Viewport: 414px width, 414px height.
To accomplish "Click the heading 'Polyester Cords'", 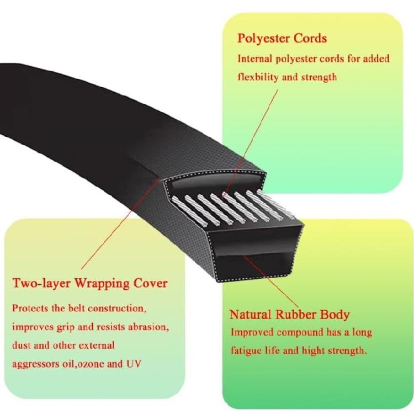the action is (x=282, y=39).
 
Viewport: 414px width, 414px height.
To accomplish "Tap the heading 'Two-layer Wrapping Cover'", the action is (x=90, y=284).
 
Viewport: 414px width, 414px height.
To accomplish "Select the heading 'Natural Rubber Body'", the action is (x=289, y=315).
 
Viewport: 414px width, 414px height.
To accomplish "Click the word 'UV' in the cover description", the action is (x=134, y=364).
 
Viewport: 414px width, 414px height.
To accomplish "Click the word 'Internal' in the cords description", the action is (x=255, y=59).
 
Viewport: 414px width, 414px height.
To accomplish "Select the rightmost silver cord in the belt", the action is (x=275, y=203).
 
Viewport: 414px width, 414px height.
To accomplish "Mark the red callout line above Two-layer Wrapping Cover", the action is (x=120, y=224).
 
